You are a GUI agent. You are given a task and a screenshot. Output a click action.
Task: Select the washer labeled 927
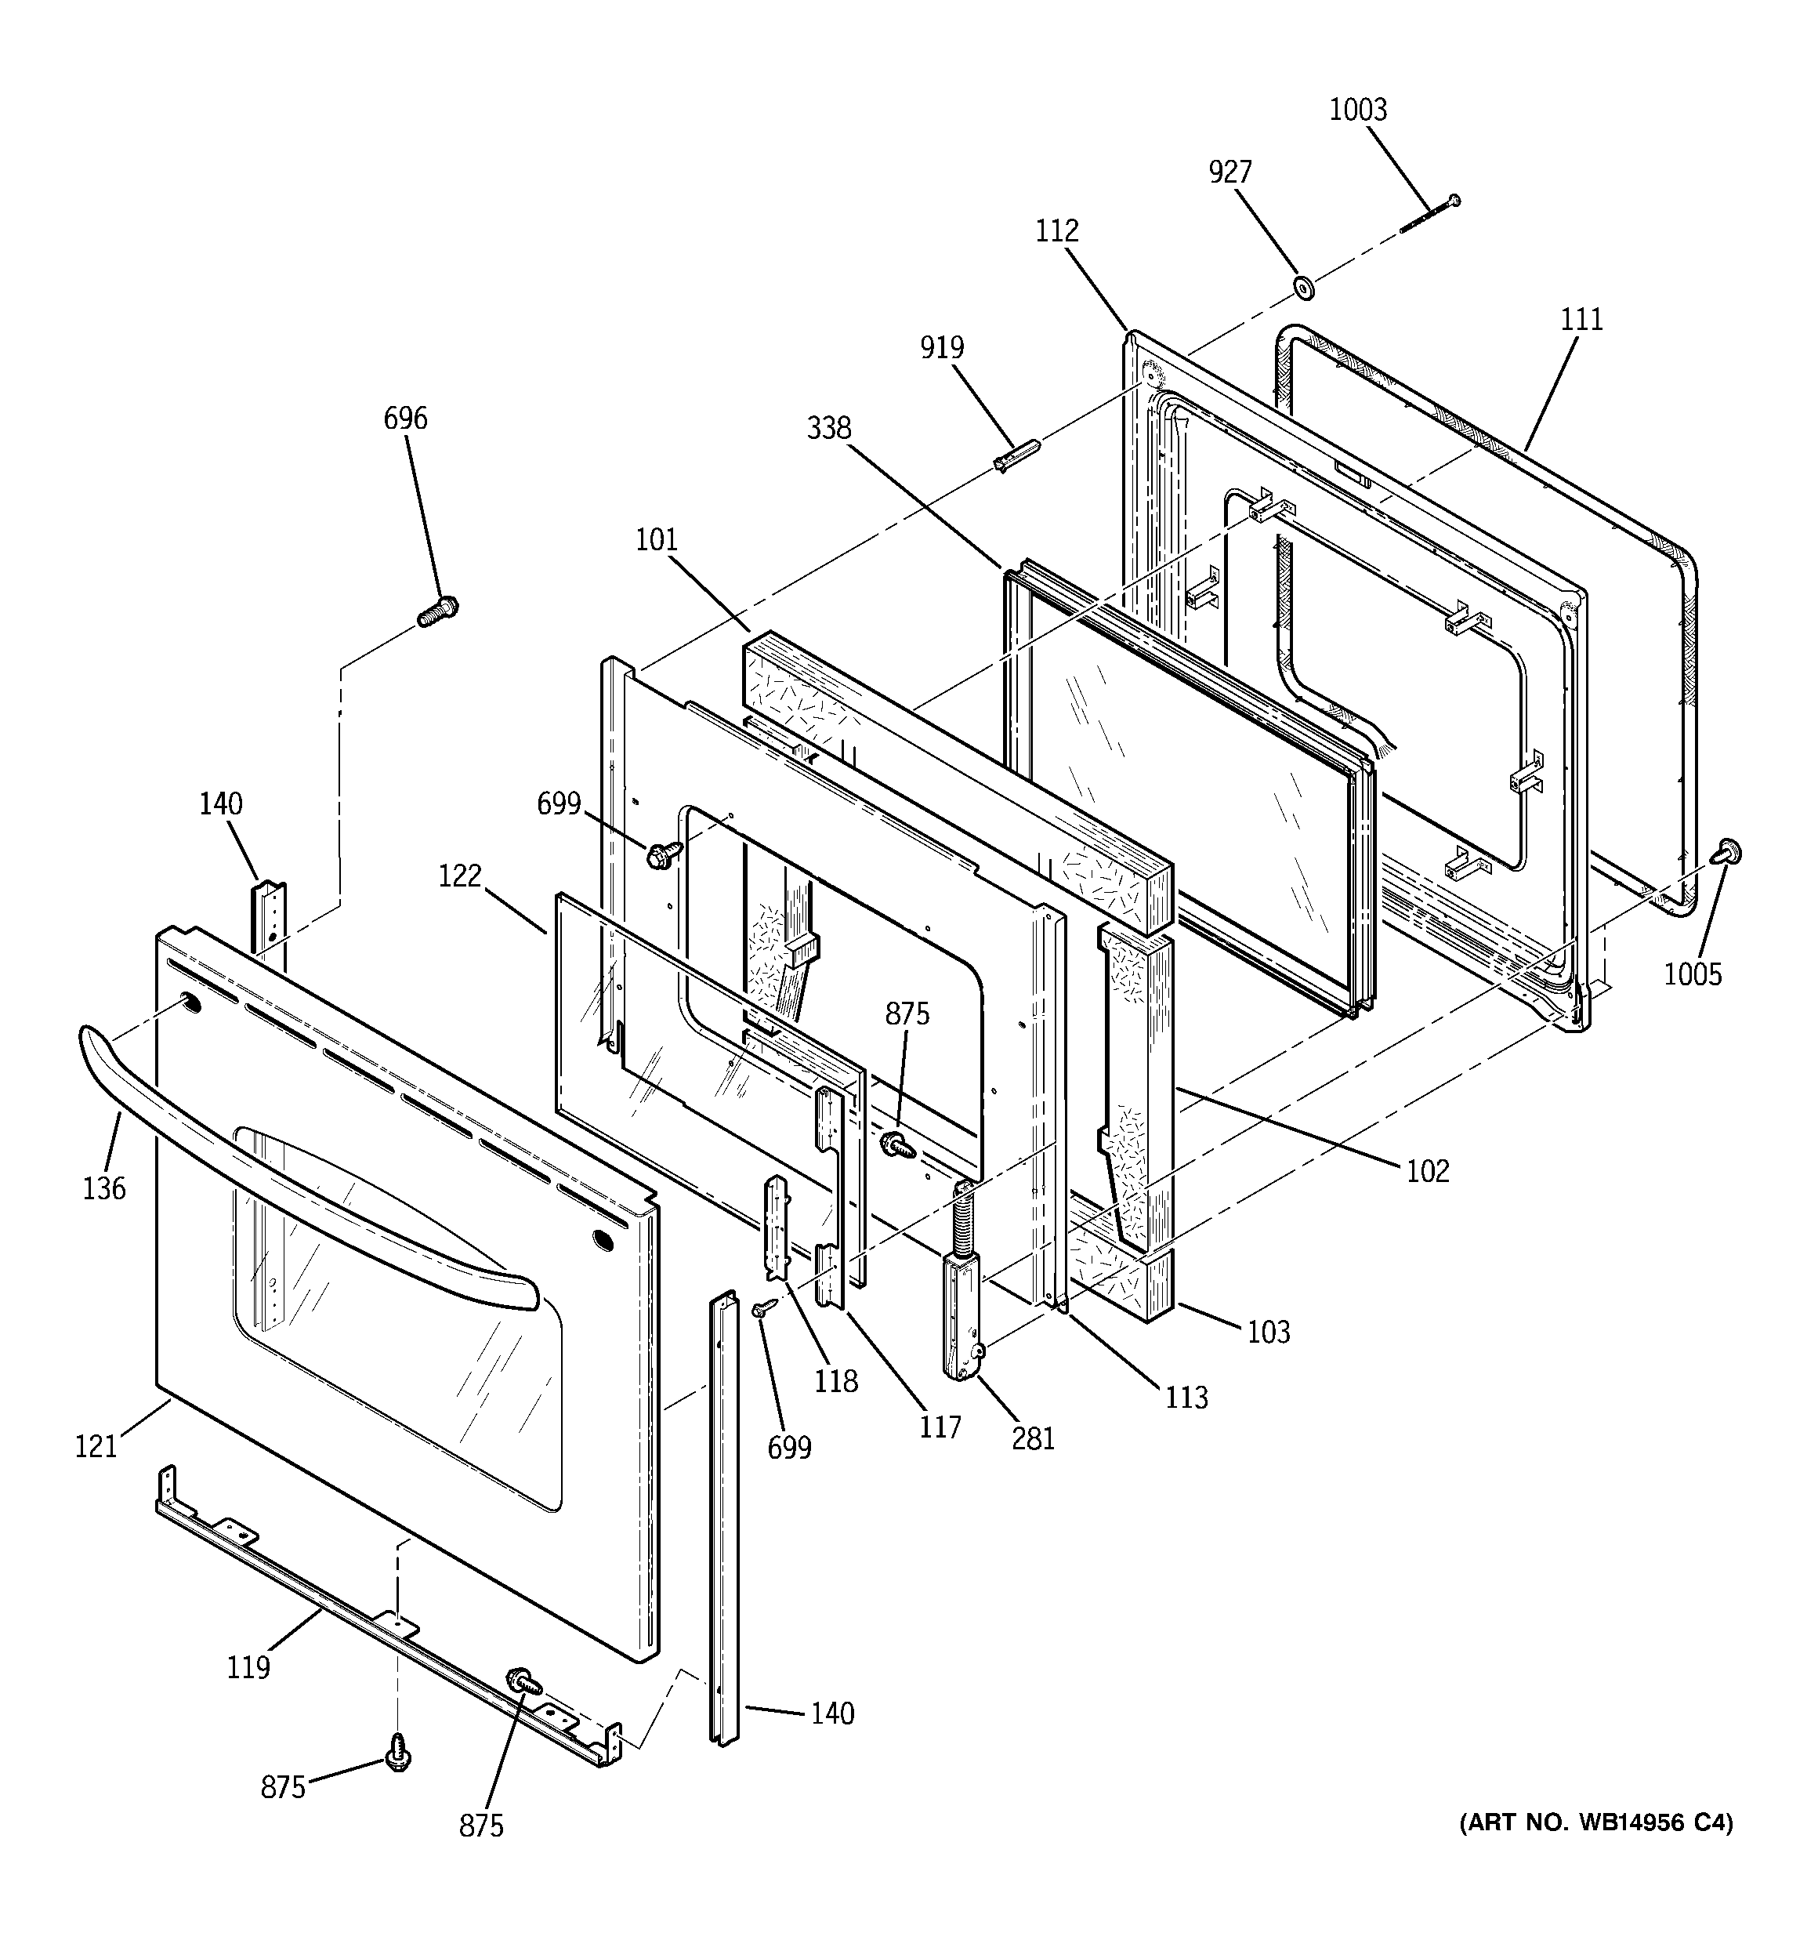(x=1302, y=287)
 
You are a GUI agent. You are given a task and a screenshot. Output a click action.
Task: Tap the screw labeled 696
(x=437, y=612)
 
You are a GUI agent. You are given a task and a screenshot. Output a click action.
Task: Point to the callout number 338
(x=828, y=429)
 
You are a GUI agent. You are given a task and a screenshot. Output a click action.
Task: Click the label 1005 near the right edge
(x=1693, y=974)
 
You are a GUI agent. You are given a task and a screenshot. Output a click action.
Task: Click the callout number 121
(x=96, y=1447)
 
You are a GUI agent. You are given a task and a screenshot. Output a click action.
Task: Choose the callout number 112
(x=1057, y=231)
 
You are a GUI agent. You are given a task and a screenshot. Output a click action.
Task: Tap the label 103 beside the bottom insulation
(x=1269, y=1332)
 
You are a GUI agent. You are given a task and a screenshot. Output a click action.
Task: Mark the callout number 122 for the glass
(x=460, y=876)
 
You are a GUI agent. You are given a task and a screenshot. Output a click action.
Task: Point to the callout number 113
(x=1186, y=1398)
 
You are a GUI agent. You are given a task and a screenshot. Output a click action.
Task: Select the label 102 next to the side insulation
(x=1428, y=1171)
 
